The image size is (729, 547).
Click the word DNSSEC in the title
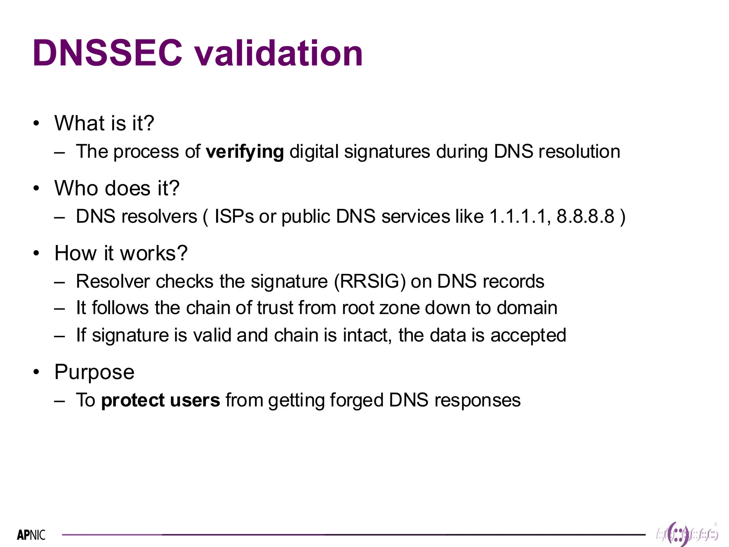pyautogui.click(x=107, y=53)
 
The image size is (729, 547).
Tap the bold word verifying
pyautogui.click(x=245, y=152)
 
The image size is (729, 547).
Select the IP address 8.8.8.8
pyautogui.click(x=585, y=217)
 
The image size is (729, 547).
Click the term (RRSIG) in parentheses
pyautogui.click(x=369, y=282)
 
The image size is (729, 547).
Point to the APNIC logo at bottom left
pyautogui.click(x=31, y=535)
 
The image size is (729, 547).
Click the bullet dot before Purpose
pyautogui.click(x=36, y=372)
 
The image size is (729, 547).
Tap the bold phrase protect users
pyautogui.click(x=161, y=400)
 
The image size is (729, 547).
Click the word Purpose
pyautogui.click(x=94, y=372)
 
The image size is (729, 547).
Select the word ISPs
pyautogui.click(x=234, y=217)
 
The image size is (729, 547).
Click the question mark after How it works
pyautogui.click(x=182, y=253)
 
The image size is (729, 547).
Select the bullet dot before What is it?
pyautogui.click(x=36, y=124)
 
